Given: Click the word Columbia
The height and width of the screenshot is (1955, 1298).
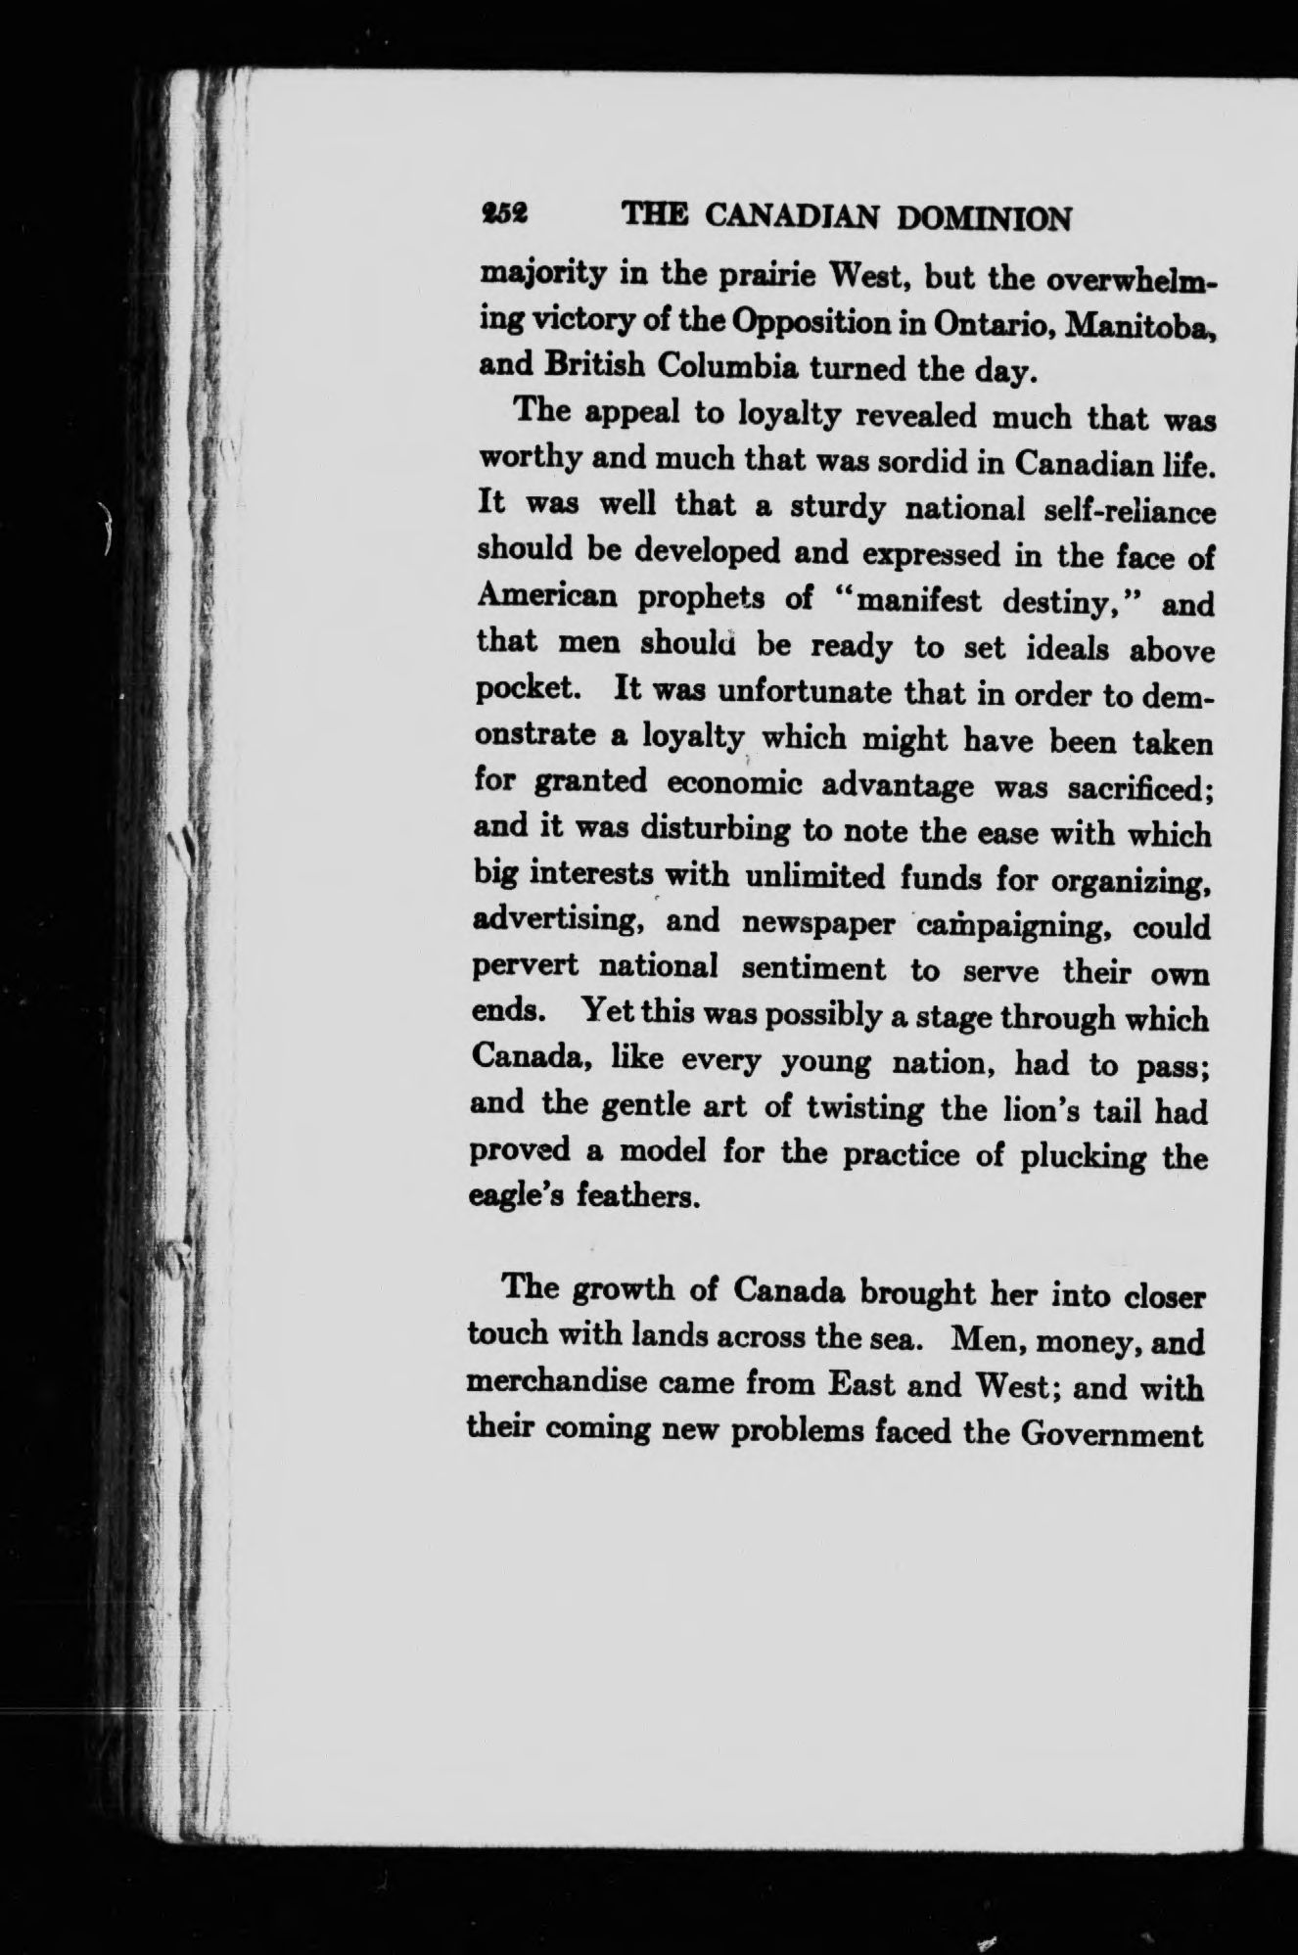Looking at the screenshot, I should (727, 366).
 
